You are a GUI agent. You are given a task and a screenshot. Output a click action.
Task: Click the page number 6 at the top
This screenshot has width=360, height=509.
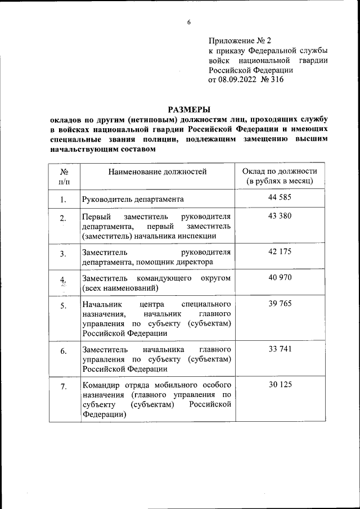tap(189, 22)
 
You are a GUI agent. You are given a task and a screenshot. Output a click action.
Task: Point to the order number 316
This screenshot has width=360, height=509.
tap(276, 80)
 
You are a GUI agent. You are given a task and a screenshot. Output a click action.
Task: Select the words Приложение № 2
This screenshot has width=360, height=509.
tap(240, 40)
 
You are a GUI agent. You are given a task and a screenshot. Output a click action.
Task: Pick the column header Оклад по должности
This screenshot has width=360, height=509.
tap(280, 172)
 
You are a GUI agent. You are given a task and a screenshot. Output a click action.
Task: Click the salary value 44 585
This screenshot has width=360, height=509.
tap(280, 198)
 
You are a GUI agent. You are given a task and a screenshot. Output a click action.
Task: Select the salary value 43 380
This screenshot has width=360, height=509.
tap(280, 217)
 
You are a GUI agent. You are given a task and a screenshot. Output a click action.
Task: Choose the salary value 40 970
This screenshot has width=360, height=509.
tap(280, 278)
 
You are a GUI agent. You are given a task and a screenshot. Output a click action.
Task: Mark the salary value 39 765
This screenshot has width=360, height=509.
tap(280, 304)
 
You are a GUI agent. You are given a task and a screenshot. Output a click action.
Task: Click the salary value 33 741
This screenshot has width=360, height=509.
tap(280, 349)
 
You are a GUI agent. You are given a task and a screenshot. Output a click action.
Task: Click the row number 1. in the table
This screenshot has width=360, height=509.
tap(64, 199)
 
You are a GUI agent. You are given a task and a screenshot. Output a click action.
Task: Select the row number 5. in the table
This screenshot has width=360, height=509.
tap(64, 306)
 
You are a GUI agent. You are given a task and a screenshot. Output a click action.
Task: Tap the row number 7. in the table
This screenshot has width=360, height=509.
tap(64, 386)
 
